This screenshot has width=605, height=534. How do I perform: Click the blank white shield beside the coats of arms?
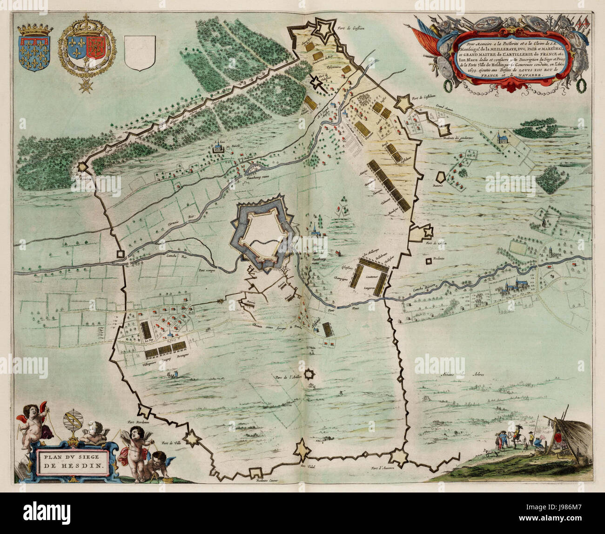(138, 53)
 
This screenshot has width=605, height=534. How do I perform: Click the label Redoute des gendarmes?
(458, 137)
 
